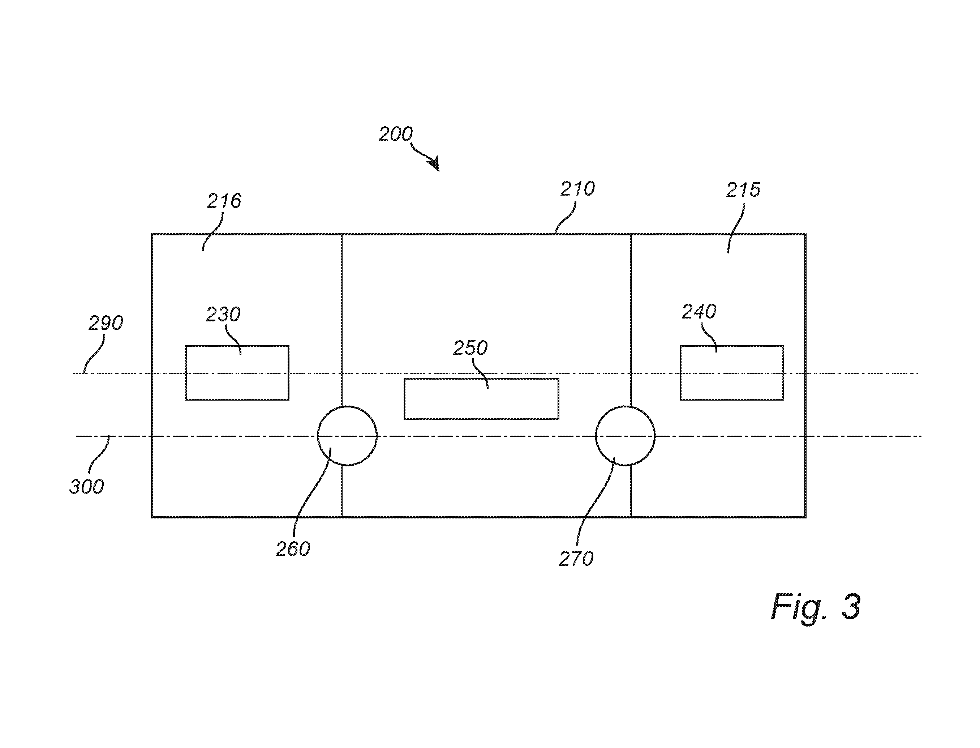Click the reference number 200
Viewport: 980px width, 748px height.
point(396,134)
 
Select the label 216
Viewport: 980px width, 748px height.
point(224,201)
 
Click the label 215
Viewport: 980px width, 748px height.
point(744,190)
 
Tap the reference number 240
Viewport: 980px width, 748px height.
point(700,312)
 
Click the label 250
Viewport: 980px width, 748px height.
point(470,348)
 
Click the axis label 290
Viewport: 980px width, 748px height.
point(106,323)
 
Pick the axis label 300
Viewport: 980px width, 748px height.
point(87,487)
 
